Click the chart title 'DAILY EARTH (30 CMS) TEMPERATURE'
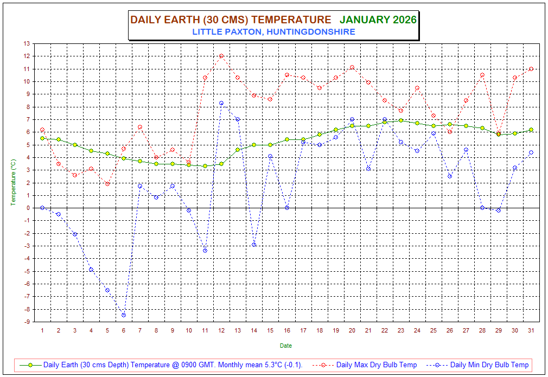pyautogui.click(x=231, y=20)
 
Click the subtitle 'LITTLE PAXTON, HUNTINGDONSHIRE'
pyautogui.click(x=273, y=32)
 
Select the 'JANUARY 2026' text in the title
pyautogui.click(x=378, y=20)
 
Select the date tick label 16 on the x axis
pyautogui.click(x=286, y=330)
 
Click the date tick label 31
pyautogui.click(x=531, y=330)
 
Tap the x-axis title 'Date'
pyautogui.click(x=286, y=346)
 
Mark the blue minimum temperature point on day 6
pyautogui.click(x=124, y=315)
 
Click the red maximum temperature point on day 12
pyautogui.click(x=221, y=56)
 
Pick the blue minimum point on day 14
pyautogui.click(x=254, y=245)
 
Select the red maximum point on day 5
pyautogui.click(x=107, y=184)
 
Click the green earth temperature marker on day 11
pyautogui.click(x=205, y=166)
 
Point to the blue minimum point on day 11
pyautogui.click(x=205, y=251)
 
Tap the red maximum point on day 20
pyautogui.click(x=352, y=67)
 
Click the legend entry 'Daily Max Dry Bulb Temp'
pyautogui.click(x=376, y=365)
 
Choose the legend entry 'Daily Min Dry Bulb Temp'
pyautogui.click(x=489, y=365)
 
